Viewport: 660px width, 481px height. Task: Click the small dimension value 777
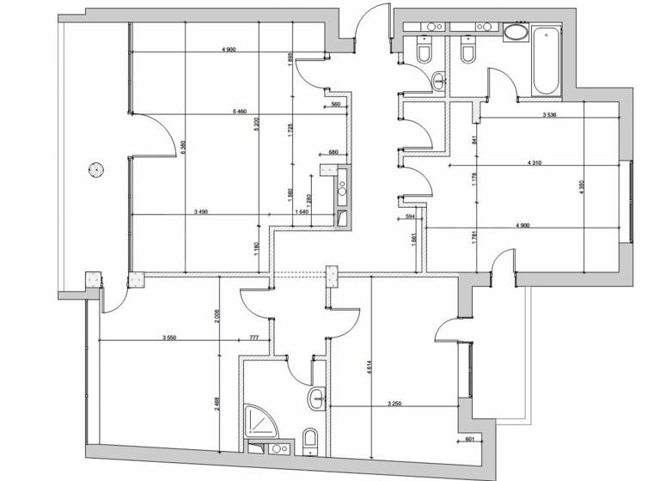pos(254,338)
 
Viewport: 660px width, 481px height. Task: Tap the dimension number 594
pos(409,217)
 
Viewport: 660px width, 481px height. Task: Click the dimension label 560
pos(335,105)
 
